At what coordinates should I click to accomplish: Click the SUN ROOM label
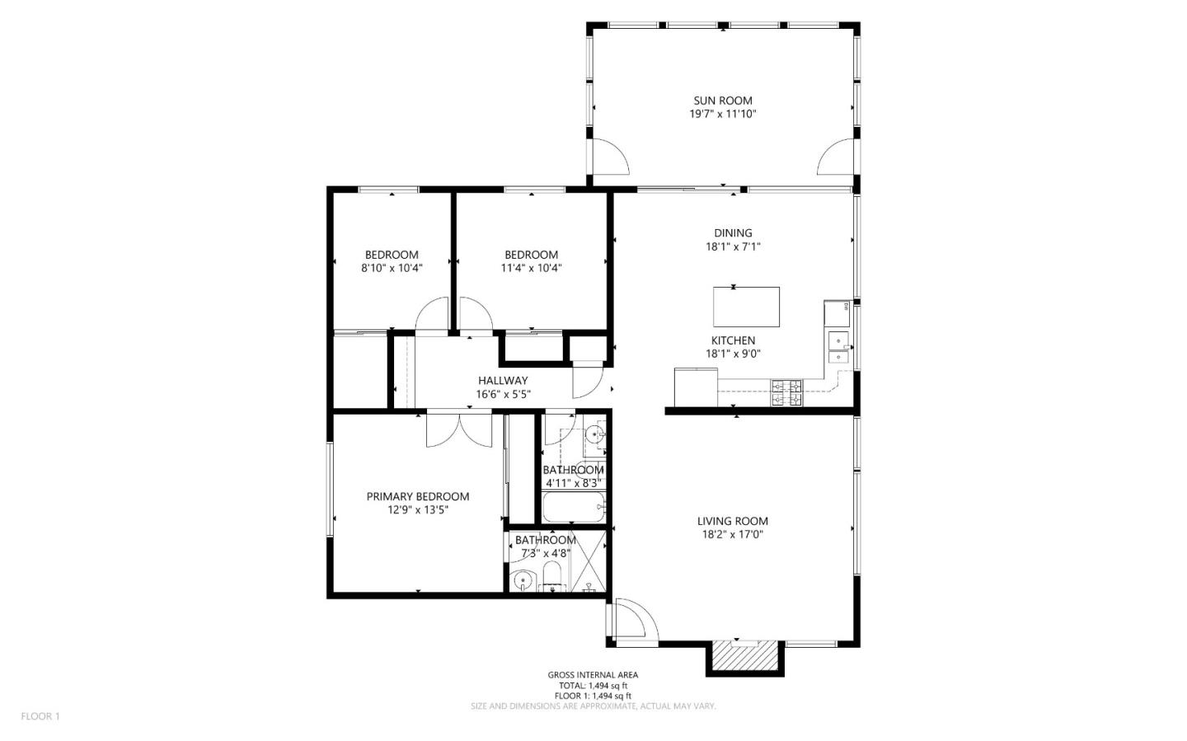pyautogui.click(x=722, y=101)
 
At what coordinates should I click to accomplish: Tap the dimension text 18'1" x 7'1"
pyautogui.click(x=733, y=246)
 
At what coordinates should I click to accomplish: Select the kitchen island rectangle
pyautogui.click(x=746, y=307)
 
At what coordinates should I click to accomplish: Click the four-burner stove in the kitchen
pyautogui.click(x=786, y=393)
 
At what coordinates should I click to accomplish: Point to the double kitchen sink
pyautogui.click(x=838, y=348)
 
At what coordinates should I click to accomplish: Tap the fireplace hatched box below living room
pyautogui.click(x=745, y=656)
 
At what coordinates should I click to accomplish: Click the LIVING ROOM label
pyautogui.click(x=732, y=521)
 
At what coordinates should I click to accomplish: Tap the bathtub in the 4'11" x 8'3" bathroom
pyautogui.click(x=575, y=507)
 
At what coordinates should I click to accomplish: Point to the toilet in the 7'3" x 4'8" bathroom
pyautogui.click(x=551, y=578)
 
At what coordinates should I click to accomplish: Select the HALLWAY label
pyautogui.click(x=503, y=381)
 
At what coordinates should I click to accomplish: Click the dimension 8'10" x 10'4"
pyautogui.click(x=392, y=268)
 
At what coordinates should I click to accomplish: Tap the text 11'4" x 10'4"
pyautogui.click(x=531, y=268)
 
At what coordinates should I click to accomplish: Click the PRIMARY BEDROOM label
pyautogui.click(x=418, y=496)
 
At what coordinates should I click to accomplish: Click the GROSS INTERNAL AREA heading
pyautogui.click(x=593, y=675)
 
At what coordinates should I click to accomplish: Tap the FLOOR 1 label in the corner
pyautogui.click(x=40, y=716)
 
